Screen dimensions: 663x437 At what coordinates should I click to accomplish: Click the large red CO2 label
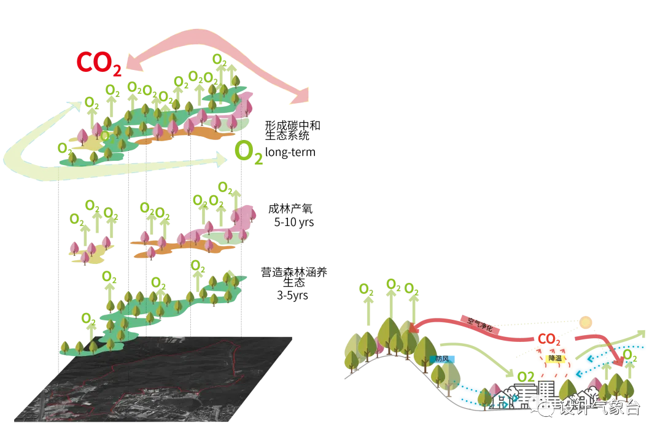[x=98, y=62]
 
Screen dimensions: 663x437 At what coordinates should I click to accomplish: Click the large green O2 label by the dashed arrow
[x=249, y=153]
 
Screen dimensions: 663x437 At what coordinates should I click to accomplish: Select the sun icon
[x=585, y=322]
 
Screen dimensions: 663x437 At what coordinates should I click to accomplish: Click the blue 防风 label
[x=442, y=359]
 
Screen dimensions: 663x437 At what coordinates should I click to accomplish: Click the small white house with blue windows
[x=503, y=400]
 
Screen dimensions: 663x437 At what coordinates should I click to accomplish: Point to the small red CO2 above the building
[x=548, y=339]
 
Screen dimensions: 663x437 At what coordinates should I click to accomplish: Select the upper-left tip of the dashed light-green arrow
[x=76, y=106]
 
